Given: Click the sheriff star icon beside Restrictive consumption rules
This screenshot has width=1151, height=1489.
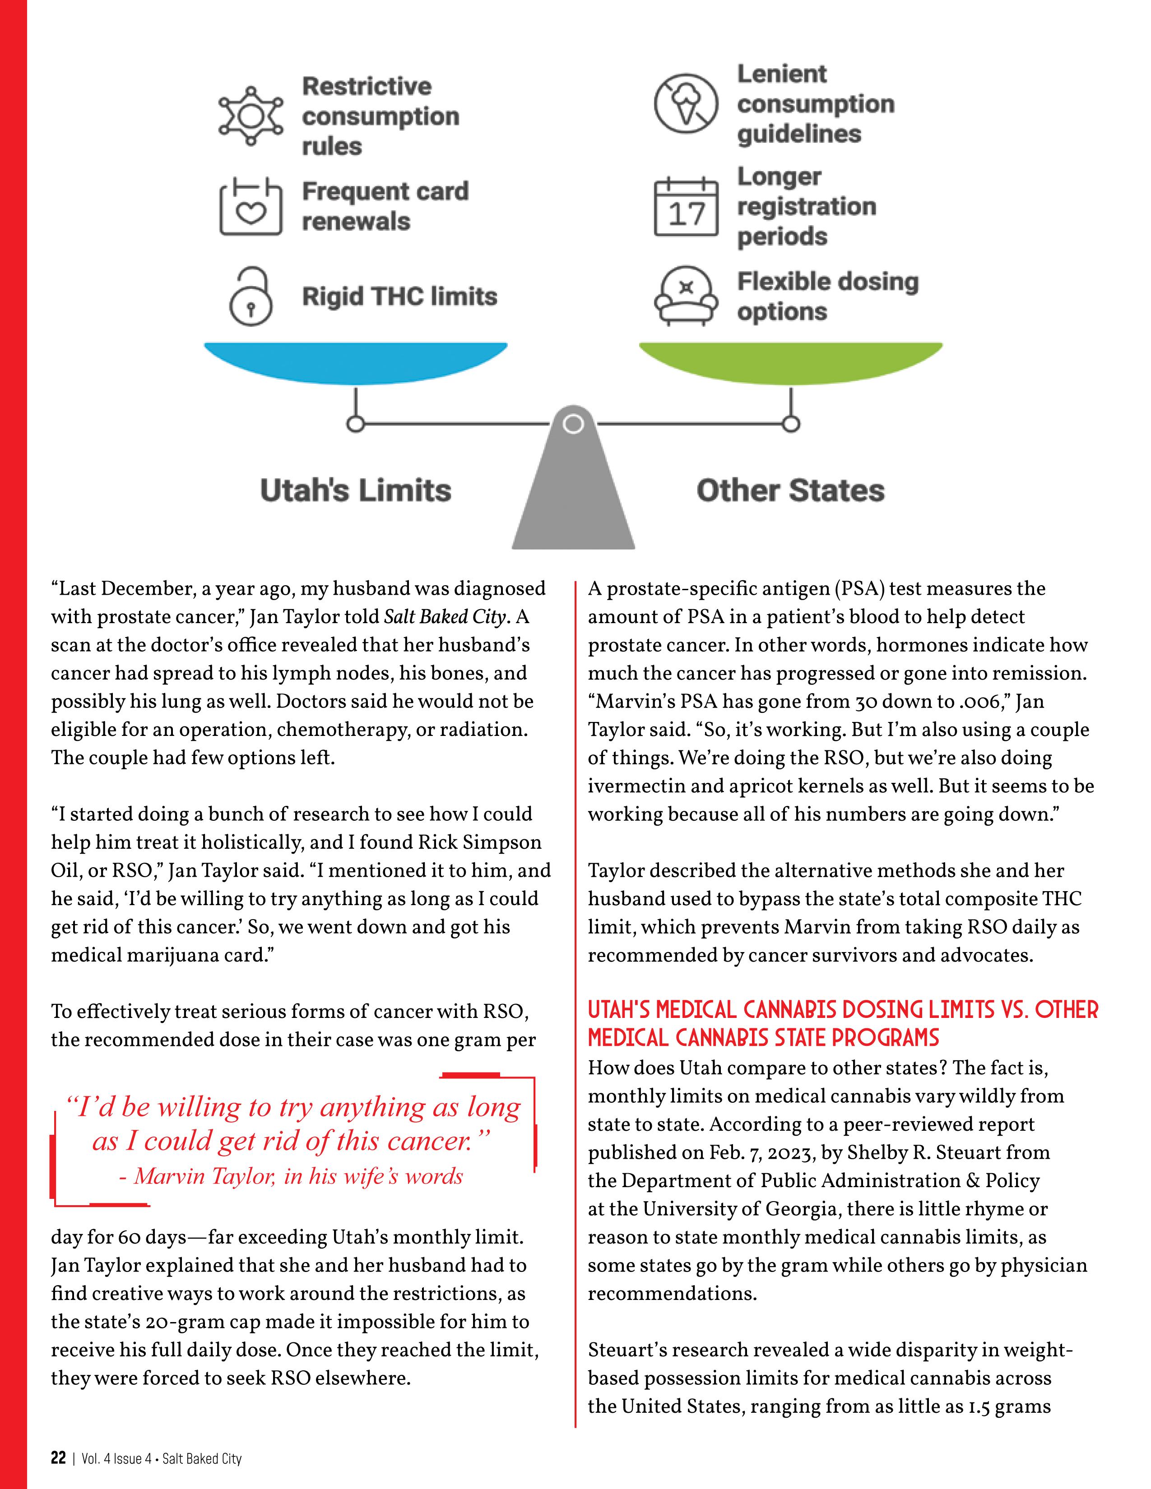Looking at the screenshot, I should [x=250, y=116].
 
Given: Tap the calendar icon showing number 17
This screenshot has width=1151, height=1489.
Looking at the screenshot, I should [x=686, y=207].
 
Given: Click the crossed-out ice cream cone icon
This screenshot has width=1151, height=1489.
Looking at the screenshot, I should [x=686, y=104].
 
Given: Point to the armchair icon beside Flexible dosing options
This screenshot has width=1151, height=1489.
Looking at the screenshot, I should [x=686, y=296].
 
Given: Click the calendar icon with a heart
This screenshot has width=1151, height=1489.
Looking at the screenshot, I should [x=250, y=207].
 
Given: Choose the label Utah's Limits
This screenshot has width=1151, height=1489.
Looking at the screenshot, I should [x=355, y=491].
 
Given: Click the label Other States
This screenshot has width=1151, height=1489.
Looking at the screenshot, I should [x=790, y=491].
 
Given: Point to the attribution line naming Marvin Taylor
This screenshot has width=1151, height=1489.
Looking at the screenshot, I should [x=291, y=1176].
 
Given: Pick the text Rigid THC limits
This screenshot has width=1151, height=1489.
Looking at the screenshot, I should [x=399, y=296].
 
